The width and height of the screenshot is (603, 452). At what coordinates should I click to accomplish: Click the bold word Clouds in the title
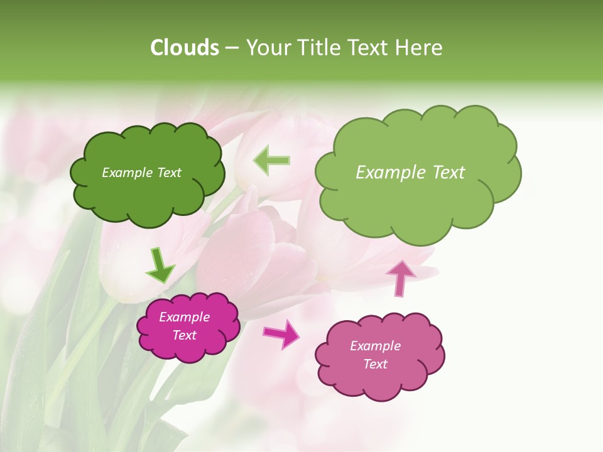pyautogui.click(x=185, y=48)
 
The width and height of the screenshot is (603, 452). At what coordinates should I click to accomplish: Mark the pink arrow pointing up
pyautogui.click(x=400, y=278)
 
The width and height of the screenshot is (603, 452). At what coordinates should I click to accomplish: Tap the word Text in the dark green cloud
pyautogui.click(x=168, y=173)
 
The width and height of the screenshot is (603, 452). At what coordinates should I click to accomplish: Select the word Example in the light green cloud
pyautogui.click(x=392, y=173)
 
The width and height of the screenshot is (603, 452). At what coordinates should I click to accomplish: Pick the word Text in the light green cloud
pyautogui.click(x=448, y=173)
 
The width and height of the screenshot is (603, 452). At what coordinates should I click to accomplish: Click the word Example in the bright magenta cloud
pyautogui.click(x=185, y=317)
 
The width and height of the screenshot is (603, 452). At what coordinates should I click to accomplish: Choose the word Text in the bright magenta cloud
pyautogui.click(x=185, y=335)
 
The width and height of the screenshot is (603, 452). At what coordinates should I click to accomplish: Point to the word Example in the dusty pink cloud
pyautogui.click(x=375, y=346)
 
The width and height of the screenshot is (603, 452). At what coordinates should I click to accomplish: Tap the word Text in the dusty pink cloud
pyautogui.click(x=375, y=364)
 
